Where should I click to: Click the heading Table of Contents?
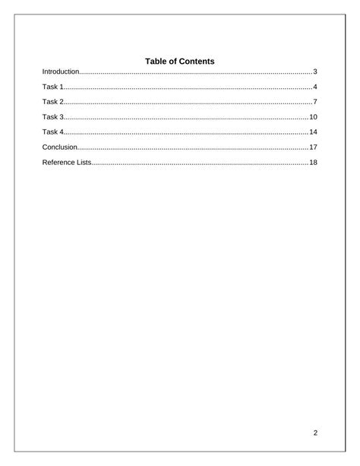coord(180,61)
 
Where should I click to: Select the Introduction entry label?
coord(61,71)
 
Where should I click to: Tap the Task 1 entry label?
coord(53,87)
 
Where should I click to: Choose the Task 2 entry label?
coord(53,102)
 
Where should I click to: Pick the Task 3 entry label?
coord(53,117)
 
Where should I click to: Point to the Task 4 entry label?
coord(53,132)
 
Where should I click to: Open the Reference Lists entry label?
coord(67,163)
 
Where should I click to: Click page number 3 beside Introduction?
coord(314,71)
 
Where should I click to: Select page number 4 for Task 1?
coord(314,87)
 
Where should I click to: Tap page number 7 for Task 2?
coord(314,102)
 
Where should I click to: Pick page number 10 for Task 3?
coord(312,117)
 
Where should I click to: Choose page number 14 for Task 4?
coord(312,132)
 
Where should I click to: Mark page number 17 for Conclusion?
coord(312,147)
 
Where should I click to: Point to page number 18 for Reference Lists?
coord(312,163)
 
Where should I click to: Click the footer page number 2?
coord(314,433)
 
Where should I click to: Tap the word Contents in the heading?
coord(196,61)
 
